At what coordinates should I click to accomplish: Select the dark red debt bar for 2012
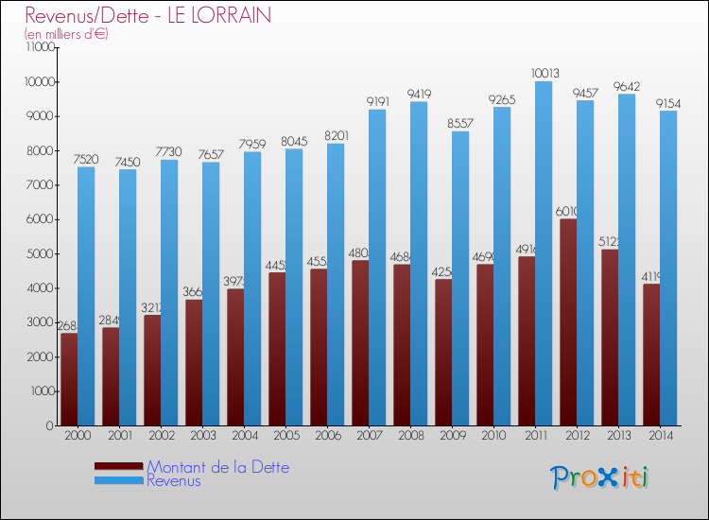click(568, 321)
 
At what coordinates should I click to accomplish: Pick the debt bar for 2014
click(651, 355)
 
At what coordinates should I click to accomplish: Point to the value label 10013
click(544, 73)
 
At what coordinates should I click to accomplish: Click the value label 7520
click(86, 159)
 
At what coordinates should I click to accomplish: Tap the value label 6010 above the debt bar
click(568, 211)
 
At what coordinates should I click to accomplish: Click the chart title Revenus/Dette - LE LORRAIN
click(148, 15)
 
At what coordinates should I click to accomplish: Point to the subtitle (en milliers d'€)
click(67, 34)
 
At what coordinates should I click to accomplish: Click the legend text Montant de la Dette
click(217, 467)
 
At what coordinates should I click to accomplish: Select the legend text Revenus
click(174, 480)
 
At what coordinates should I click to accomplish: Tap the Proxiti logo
click(599, 477)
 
